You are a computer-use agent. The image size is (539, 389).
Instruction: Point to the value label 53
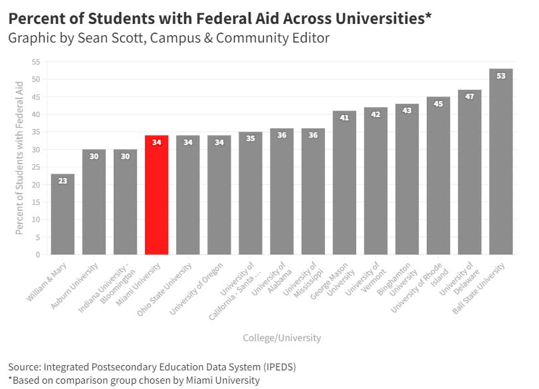pos(500,76)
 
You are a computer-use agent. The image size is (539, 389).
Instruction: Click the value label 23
pos(62,181)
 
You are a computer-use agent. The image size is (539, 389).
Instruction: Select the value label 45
pos(438,104)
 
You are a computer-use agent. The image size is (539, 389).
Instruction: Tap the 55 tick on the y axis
pos(35,62)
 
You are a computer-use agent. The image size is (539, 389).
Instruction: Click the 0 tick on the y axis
pos(38,255)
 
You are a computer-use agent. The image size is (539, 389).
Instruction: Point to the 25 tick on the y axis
pos(35,167)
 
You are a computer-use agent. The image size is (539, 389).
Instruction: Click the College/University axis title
pos(282,338)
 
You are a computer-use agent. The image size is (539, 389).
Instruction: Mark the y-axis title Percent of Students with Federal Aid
pos(19,158)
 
